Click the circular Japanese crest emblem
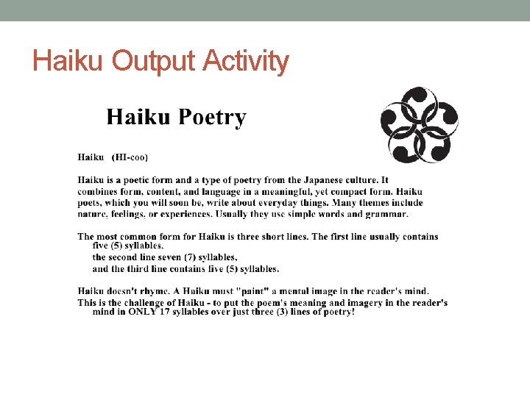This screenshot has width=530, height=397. point(419,124)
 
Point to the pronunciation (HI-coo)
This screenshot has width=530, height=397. point(130,157)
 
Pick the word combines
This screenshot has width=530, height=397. point(99,191)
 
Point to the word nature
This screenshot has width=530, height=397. point(93,214)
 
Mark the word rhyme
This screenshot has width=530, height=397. point(155,291)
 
